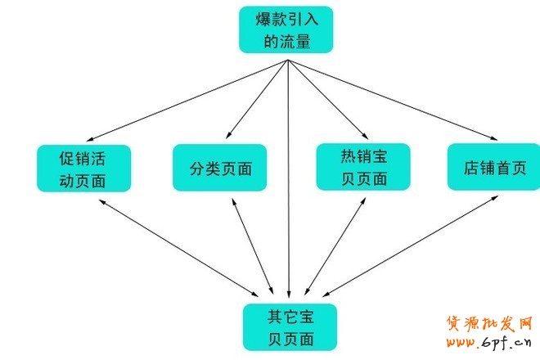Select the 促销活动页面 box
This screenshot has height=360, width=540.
pos(83,168)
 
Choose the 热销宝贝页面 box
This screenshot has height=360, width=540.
pos(363,167)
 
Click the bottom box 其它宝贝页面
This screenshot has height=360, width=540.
pos(288,326)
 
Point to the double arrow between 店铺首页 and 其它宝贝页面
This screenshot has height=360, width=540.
pos(401,242)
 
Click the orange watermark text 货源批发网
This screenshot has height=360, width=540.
pos(489,323)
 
